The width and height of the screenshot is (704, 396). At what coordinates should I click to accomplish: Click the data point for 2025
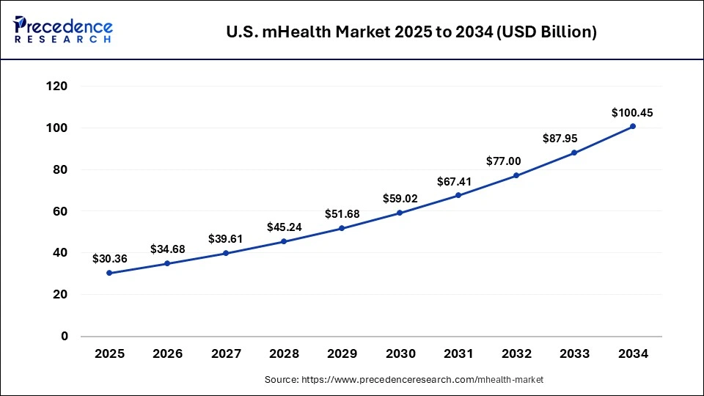pos(109,273)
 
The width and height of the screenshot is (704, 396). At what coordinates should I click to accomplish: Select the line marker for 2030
pos(400,213)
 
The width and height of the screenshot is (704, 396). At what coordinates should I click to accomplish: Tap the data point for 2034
pos(632,126)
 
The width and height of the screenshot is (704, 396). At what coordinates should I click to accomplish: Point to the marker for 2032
pos(516,175)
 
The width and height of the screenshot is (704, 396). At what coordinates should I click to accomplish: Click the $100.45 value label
pos(632,113)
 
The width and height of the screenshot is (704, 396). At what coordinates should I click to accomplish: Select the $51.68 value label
pos(342,214)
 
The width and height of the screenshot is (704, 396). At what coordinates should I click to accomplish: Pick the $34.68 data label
pos(167,249)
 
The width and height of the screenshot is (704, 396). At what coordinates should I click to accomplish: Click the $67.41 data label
pos(458,182)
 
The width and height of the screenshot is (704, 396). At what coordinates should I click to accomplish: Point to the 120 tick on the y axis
pos(57,87)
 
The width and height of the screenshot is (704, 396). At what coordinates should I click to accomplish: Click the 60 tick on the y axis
pos(60,211)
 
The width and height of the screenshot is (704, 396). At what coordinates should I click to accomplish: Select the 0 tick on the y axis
pos(65,337)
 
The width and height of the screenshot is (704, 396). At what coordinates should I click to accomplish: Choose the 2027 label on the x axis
pos(226,353)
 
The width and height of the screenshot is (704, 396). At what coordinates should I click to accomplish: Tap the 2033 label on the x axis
pos(574,353)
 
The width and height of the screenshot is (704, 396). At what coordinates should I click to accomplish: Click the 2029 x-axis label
pos(342,353)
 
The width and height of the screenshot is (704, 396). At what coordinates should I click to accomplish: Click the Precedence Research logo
pos(63,30)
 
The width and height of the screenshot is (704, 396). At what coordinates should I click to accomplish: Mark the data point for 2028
pos(284,241)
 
